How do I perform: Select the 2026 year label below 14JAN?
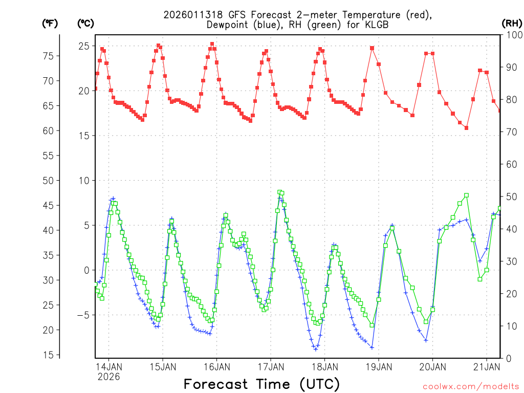coord(108,377)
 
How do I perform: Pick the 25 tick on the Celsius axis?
coord(83,46)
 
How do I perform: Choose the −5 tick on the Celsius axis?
coord(82,315)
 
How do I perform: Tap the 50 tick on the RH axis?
coord(511,196)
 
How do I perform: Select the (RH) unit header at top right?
coord(512,23)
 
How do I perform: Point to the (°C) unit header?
coord(85,23)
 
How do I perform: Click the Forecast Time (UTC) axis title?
coord(261,384)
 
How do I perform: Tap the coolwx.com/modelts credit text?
coord(470,385)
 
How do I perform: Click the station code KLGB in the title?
coord(375,25)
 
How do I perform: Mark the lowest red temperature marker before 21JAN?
coord(466,128)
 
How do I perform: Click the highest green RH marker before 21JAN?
coord(466,195)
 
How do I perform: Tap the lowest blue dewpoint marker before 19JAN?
coord(316,349)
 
